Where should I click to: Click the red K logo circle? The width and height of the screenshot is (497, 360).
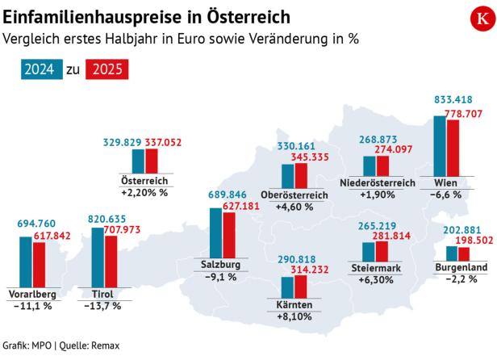[472, 19]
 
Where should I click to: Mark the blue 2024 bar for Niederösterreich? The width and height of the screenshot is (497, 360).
[370, 165]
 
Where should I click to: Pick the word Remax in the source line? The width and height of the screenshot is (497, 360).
[105, 345]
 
